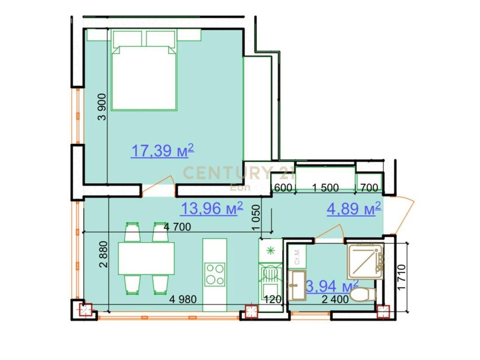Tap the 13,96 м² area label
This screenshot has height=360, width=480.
[211, 208]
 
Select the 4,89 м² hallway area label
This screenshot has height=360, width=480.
[353, 210]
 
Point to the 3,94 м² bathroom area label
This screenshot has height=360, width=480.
[332, 285]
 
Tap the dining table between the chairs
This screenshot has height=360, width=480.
[146, 258]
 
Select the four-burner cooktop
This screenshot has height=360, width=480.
[215, 274]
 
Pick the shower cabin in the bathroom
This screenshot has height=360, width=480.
[366, 261]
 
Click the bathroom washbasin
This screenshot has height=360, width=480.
[297, 285]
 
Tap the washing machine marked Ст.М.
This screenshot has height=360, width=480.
[297, 257]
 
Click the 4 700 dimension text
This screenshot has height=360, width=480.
[177, 227]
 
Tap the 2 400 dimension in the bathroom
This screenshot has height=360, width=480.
[335, 300]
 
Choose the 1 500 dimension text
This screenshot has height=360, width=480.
[325, 188]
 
